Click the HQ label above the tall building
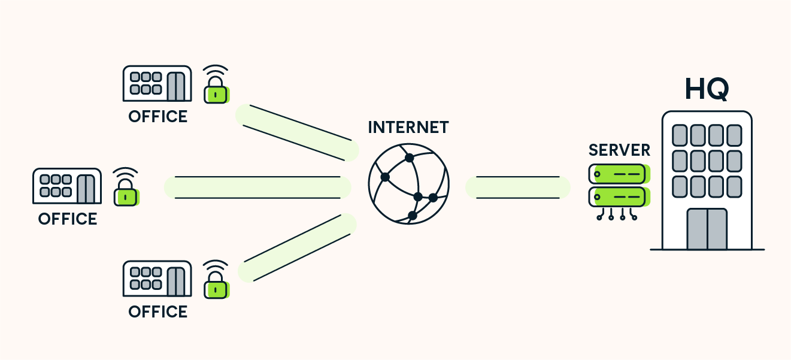coord(707,89)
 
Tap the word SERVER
coord(619,150)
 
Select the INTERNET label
coord(408,128)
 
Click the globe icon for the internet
coord(408,183)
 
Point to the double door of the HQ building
coord(707,229)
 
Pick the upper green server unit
coord(618,174)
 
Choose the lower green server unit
coord(618,196)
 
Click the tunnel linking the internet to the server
coord(518,187)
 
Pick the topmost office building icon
coord(157,84)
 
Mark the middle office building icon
coord(66,186)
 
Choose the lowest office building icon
coord(157,279)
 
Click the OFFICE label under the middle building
coord(68,219)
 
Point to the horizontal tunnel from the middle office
coord(257,187)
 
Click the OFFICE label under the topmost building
coord(158,116)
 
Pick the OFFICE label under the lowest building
coord(158,312)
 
